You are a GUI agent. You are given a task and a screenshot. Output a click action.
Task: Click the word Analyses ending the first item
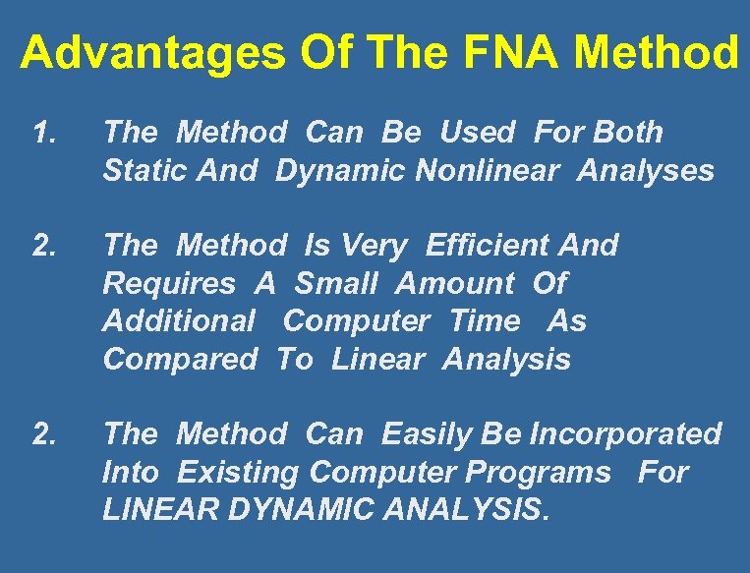coord(646,172)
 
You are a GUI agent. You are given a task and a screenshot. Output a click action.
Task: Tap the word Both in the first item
coord(629,133)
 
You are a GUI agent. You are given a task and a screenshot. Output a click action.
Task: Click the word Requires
coord(169,284)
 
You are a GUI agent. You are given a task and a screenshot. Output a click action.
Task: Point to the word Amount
coord(454,284)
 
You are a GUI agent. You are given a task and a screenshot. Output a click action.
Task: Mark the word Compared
coord(179,360)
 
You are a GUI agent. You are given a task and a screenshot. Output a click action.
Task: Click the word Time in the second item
coord(485,321)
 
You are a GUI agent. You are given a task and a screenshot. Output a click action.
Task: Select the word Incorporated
coord(625,433)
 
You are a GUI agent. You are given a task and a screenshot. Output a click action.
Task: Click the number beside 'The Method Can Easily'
coord(42,433)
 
